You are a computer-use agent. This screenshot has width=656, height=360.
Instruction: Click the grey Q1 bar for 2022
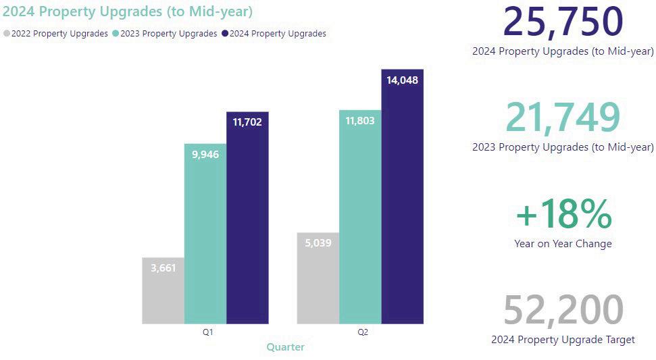pyautogui.click(x=163, y=290)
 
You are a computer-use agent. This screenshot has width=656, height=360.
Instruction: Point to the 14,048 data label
pyautogui.click(x=402, y=80)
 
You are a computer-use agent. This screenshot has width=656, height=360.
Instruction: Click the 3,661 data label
pyautogui.click(x=163, y=268)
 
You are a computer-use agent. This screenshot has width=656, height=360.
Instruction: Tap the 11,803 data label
pyautogui.click(x=360, y=122)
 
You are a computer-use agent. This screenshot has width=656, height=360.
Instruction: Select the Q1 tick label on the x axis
pyautogui.click(x=208, y=332)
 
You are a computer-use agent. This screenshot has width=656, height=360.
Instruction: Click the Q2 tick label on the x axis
pyautogui.click(x=363, y=332)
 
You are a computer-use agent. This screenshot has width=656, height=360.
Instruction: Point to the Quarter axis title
pyautogui.click(x=285, y=347)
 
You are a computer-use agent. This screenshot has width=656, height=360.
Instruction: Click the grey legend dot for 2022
pyautogui.click(x=7, y=34)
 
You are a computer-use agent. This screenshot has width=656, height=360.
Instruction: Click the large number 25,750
pyautogui.click(x=563, y=22)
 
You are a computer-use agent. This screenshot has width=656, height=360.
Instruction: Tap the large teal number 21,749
pyautogui.click(x=563, y=118)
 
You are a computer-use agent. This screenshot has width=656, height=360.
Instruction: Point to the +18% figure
pyautogui.click(x=563, y=215)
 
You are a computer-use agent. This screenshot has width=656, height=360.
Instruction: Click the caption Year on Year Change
pyautogui.click(x=563, y=244)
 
